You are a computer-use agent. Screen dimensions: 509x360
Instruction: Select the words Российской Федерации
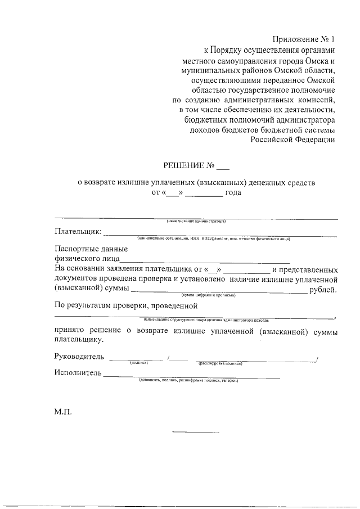click(293, 141)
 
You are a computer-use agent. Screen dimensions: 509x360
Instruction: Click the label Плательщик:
click(78, 231)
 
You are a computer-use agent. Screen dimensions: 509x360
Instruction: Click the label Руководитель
click(79, 357)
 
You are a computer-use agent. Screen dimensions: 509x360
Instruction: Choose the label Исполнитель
click(78, 372)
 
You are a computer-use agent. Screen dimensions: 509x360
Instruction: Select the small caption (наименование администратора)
click(196, 221)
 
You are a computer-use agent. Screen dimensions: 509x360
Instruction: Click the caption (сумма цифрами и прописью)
click(208, 295)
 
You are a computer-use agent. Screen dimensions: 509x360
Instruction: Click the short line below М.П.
click(195, 431)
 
